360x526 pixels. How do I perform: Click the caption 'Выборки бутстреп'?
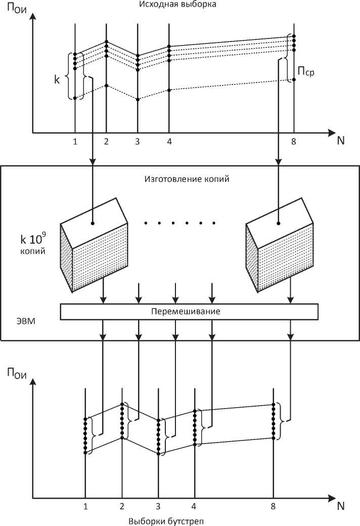(166, 521)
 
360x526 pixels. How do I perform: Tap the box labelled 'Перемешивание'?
(189, 312)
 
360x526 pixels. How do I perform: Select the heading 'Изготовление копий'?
(187, 179)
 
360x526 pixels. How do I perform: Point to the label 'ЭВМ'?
(26, 321)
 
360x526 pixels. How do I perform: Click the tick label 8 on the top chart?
(294, 142)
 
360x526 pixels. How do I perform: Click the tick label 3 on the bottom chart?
(158, 506)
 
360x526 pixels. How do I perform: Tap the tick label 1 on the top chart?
(75, 142)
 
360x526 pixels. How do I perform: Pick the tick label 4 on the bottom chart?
(194, 506)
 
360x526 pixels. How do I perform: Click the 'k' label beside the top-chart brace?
(57, 79)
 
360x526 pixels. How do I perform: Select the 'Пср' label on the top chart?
(306, 71)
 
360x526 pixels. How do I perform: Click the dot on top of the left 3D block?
(93, 223)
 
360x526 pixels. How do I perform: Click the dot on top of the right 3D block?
(278, 223)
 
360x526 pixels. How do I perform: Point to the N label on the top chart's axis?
(341, 141)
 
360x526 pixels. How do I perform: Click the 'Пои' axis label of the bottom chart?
(17, 373)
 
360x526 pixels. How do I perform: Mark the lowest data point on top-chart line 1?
(75, 98)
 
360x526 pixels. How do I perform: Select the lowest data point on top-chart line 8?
(294, 79)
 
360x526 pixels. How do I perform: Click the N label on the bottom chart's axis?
(341, 506)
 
